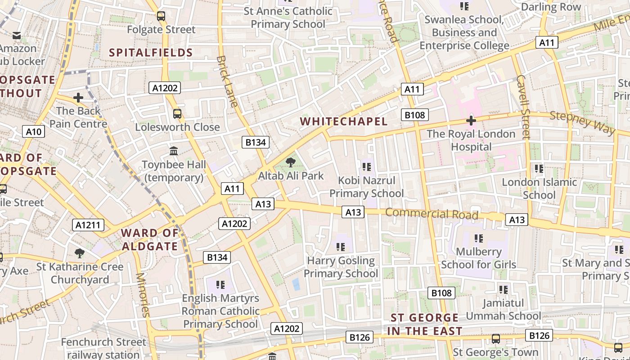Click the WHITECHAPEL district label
coord(343,121)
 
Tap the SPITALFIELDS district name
coord(151,53)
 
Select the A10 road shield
coord(33,131)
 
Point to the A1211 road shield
coord(88,225)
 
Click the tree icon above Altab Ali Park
coord(291,162)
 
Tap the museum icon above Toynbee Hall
coord(174,151)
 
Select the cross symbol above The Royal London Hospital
coord(471,121)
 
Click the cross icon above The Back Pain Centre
coord(78,97)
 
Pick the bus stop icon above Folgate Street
coord(161,16)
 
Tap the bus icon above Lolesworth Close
coord(177,113)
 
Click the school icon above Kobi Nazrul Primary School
coord(366,167)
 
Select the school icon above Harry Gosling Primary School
coord(341,247)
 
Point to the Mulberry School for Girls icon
coord(478,238)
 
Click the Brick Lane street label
coord(227,81)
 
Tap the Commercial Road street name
coord(432,214)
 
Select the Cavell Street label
coord(524,106)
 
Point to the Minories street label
coord(143,295)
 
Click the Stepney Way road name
coord(582,122)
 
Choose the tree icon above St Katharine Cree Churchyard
coord(80,253)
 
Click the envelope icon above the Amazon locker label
coord(17,35)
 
